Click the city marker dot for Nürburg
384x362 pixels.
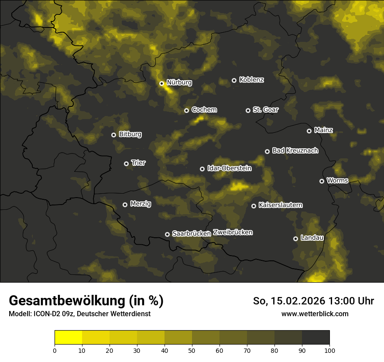click(x=161, y=83)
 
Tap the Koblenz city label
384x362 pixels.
click(x=251, y=80)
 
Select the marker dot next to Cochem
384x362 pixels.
click(x=186, y=110)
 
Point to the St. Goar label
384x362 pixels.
click(x=265, y=109)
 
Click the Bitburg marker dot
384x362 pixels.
click(x=113, y=135)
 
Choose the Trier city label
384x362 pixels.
click(x=138, y=163)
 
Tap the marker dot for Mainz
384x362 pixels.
click(x=309, y=131)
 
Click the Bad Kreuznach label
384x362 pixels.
click(x=295, y=150)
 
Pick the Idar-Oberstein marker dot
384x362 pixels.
click(x=202, y=169)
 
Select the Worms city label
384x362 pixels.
click(x=337, y=180)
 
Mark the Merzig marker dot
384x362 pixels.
click(x=125, y=205)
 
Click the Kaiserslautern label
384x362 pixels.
click(x=280, y=205)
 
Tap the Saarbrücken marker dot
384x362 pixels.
click(x=167, y=234)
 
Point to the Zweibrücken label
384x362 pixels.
click(x=233, y=232)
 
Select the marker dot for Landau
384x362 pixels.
click(x=295, y=239)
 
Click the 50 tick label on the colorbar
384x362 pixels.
click(x=192, y=350)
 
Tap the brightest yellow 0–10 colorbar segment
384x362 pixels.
click(x=68, y=338)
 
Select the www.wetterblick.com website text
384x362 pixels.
click(x=315, y=314)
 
